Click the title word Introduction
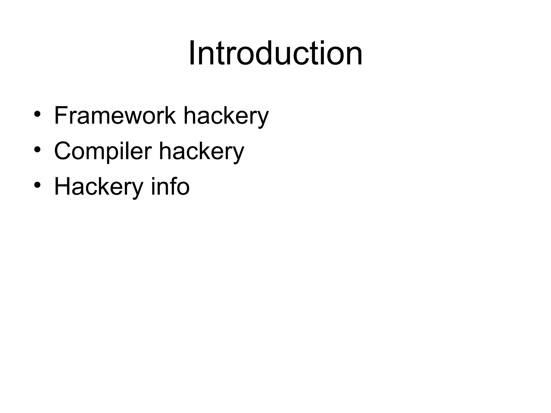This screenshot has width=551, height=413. pos(275,53)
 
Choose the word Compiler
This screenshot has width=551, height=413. pos(103,151)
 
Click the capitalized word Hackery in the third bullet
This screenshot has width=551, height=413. pos(98,187)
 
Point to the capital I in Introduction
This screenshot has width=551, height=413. pos(193,53)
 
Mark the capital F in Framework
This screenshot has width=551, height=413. pos(61,116)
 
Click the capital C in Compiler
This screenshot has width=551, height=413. pos(63,151)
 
